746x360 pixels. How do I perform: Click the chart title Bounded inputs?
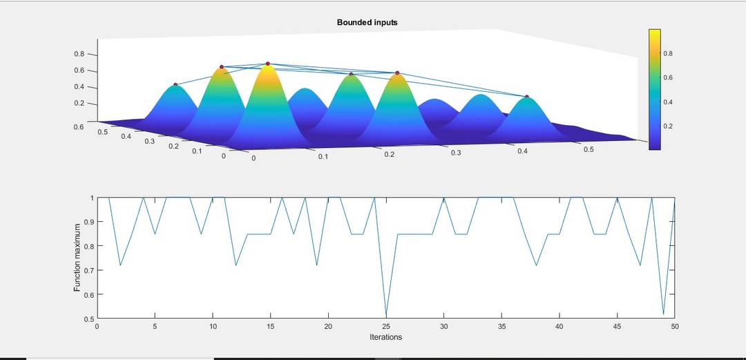coord(367,23)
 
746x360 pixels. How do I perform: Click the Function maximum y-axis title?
coord(77,258)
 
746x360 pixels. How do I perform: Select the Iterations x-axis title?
coord(385,337)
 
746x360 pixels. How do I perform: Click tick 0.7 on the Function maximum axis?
coord(89,270)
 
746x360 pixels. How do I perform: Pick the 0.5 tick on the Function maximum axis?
coord(89,319)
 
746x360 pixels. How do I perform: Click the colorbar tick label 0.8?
coord(668,54)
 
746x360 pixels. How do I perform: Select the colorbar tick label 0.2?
coord(668,126)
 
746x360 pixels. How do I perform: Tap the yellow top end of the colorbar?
coord(655,32)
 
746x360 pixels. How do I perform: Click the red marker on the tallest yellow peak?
coord(267,64)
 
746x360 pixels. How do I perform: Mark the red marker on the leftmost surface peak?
coord(175,84)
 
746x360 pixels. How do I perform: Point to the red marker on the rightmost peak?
coord(526,97)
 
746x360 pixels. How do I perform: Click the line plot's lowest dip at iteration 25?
coord(386,316)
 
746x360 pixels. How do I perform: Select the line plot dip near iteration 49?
coord(663,314)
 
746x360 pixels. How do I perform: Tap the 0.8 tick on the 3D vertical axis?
coord(79,54)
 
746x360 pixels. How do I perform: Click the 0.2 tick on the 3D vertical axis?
coord(79,104)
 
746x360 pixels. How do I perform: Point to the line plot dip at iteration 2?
coord(120,265)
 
